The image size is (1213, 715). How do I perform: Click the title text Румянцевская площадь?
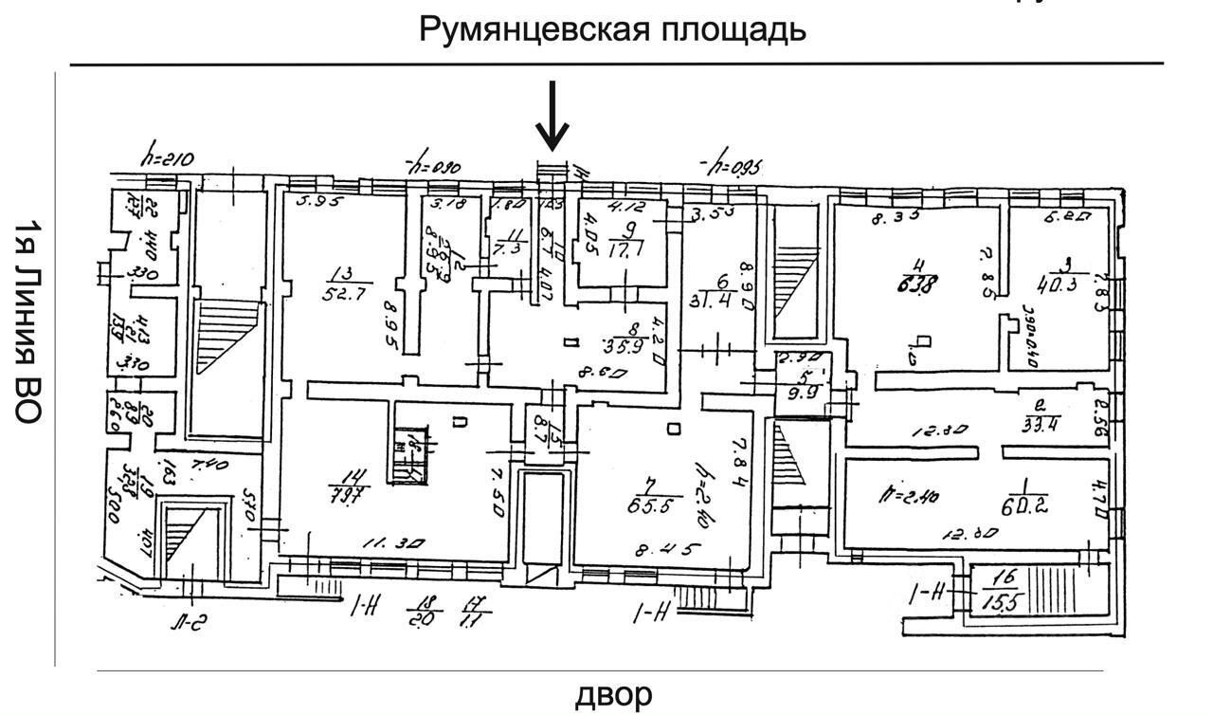(612, 29)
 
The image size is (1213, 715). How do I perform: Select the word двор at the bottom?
(614, 694)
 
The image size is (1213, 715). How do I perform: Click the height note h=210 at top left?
(168, 160)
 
